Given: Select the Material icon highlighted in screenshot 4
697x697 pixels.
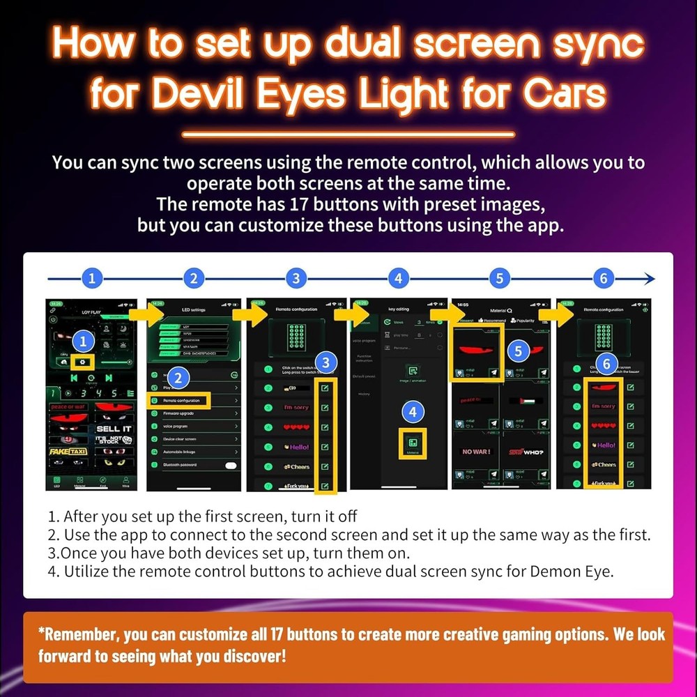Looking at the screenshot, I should click(413, 442).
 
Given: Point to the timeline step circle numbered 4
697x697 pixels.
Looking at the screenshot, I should click(398, 279).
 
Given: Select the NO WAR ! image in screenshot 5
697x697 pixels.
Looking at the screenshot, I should click(477, 452).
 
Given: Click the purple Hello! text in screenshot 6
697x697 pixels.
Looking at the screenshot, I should click(604, 445).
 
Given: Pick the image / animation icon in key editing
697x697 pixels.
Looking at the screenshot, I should click(413, 372).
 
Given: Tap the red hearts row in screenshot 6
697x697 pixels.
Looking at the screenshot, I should click(604, 426).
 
